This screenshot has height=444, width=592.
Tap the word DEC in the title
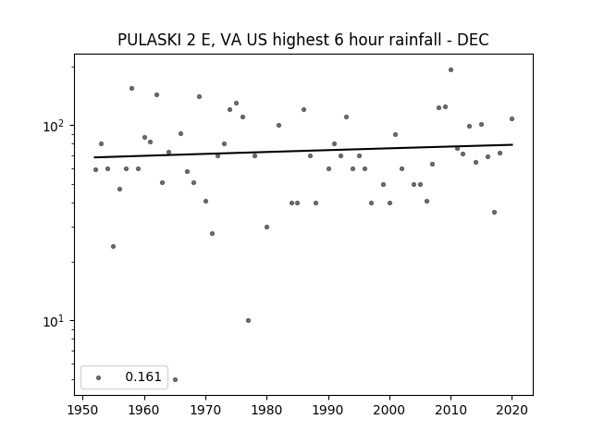(x=473, y=40)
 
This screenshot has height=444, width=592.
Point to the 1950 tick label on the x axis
(x=82, y=410)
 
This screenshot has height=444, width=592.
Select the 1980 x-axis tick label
(x=266, y=410)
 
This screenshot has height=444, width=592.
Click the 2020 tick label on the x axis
(x=512, y=410)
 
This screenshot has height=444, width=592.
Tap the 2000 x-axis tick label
(x=389, y=410)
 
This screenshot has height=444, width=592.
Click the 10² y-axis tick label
(x=53, y=126)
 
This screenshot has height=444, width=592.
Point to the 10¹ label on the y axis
(x=53, y=321)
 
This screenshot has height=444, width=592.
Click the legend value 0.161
(x=143, y=376)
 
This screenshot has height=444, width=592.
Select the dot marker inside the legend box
(x=99, y=377)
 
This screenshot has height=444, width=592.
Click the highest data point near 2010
(x=450, y=70)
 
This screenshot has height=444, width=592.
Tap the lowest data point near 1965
(x=175, y=379)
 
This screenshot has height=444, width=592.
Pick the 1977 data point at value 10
(x=248, y=321)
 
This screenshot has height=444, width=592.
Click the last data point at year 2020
(x=512, y=119)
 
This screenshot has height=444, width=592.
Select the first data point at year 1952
(x=95, y=170)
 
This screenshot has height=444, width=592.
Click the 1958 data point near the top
(x=131, y=89)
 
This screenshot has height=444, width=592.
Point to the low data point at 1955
(x=113, y=247)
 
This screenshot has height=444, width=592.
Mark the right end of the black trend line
(x=512, y=144)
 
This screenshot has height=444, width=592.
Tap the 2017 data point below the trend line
(x=494, y=212)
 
